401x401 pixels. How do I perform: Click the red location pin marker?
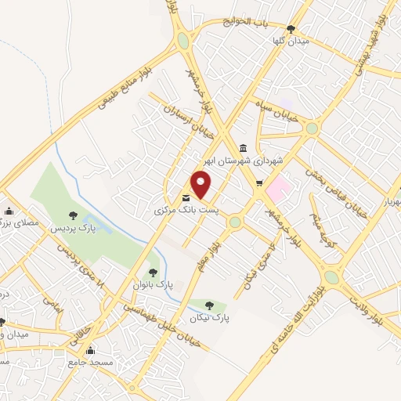(x=202, y=185)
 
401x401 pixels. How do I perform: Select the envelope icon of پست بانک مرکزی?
(x=186, y=198)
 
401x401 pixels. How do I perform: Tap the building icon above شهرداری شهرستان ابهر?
(x=243, y=148)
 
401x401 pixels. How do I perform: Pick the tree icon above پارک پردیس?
(x=73, y=215)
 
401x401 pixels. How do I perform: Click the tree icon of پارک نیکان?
(x=208, y=305)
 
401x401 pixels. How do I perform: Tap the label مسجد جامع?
(x=91, y=363)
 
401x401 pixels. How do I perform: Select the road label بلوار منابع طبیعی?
(x=127, y=88)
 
